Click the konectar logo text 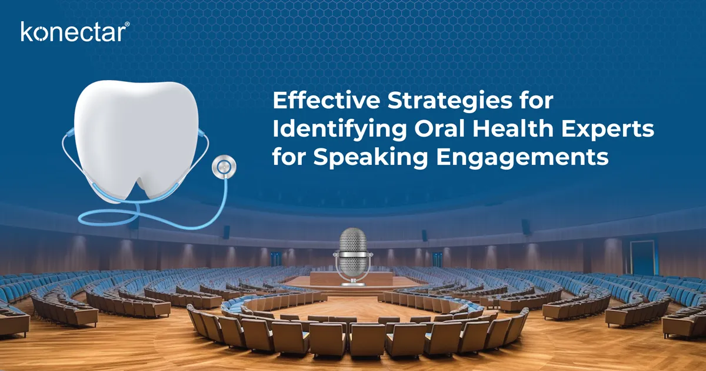[71, 32]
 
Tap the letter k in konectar [26, 32]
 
